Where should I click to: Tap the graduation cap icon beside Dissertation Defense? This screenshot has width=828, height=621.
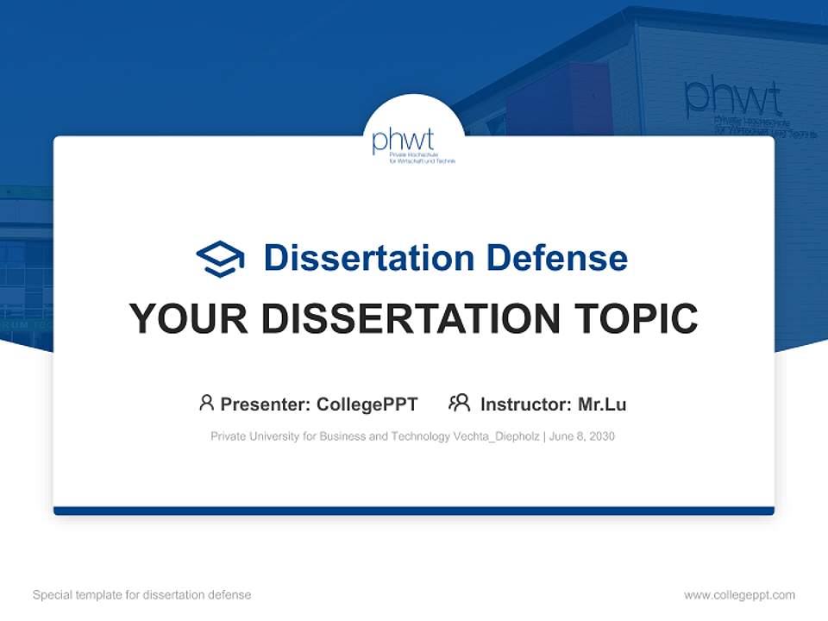220,258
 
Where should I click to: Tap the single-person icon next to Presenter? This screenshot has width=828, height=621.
206,403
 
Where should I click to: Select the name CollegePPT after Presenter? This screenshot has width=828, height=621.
367,404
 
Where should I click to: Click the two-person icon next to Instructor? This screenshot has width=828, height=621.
460,403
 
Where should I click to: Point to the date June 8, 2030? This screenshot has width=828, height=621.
581,436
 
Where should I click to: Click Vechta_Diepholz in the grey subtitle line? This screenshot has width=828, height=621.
496,436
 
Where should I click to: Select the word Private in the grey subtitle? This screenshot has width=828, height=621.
229,436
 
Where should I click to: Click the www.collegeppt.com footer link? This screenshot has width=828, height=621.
739,595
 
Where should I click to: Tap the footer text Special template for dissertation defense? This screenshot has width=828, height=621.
142,595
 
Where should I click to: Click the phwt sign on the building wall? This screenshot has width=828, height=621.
732,99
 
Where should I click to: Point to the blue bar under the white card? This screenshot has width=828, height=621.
414,511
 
